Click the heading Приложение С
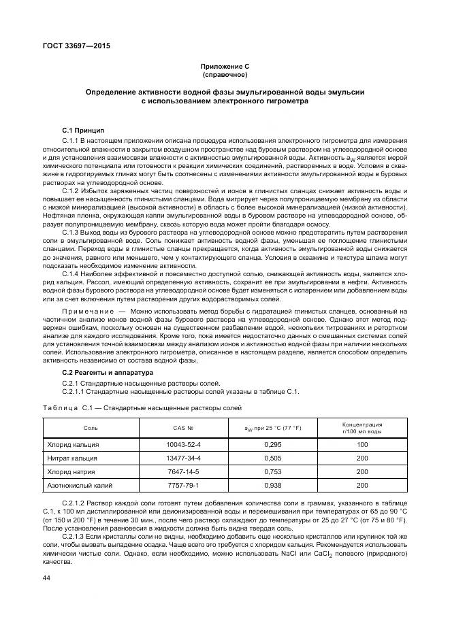point(225,66)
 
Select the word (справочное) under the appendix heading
point(225,74)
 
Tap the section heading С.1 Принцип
point(83,129)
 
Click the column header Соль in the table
point(91,429)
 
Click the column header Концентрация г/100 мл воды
point(361,428)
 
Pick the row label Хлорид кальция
point(73,444)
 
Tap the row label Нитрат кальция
point(73,458)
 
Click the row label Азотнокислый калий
point(79,485)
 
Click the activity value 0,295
point(272,444)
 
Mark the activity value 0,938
point(272,485)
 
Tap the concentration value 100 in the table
point(361,444)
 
